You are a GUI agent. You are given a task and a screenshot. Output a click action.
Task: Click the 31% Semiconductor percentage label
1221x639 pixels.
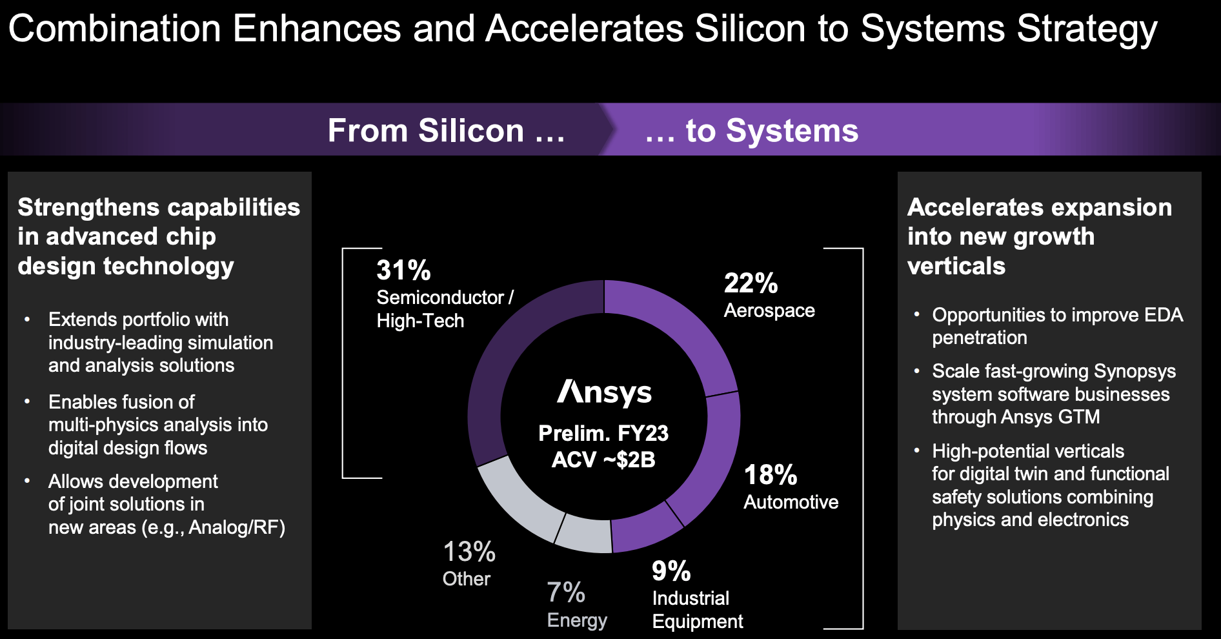[403, 270]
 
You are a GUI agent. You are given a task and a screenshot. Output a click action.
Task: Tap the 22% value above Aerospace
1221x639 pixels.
[751, 283]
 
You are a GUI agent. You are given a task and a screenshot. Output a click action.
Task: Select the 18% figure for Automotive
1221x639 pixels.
[771, 475]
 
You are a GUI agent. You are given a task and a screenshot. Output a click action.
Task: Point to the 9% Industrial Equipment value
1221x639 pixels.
[671, 571]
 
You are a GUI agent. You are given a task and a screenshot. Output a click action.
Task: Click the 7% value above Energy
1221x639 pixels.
[566, 593]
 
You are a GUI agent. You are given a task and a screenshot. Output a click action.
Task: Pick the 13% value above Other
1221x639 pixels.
[469, 553]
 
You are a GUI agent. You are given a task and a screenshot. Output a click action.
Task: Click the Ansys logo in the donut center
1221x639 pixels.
[604, 392]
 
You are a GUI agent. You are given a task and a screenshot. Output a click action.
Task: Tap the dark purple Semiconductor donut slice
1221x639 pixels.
[510, 361]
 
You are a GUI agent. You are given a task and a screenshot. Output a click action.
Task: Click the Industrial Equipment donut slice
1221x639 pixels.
[645, 526]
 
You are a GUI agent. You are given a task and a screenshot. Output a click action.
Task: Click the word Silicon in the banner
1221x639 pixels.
[470, 131]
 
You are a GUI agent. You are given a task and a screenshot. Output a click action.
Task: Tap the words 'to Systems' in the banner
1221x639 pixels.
[772, 131]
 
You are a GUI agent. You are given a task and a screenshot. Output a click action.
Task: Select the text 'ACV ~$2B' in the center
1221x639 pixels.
[603, 460]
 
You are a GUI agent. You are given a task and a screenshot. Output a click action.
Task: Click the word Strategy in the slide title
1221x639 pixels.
[1087, 30]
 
